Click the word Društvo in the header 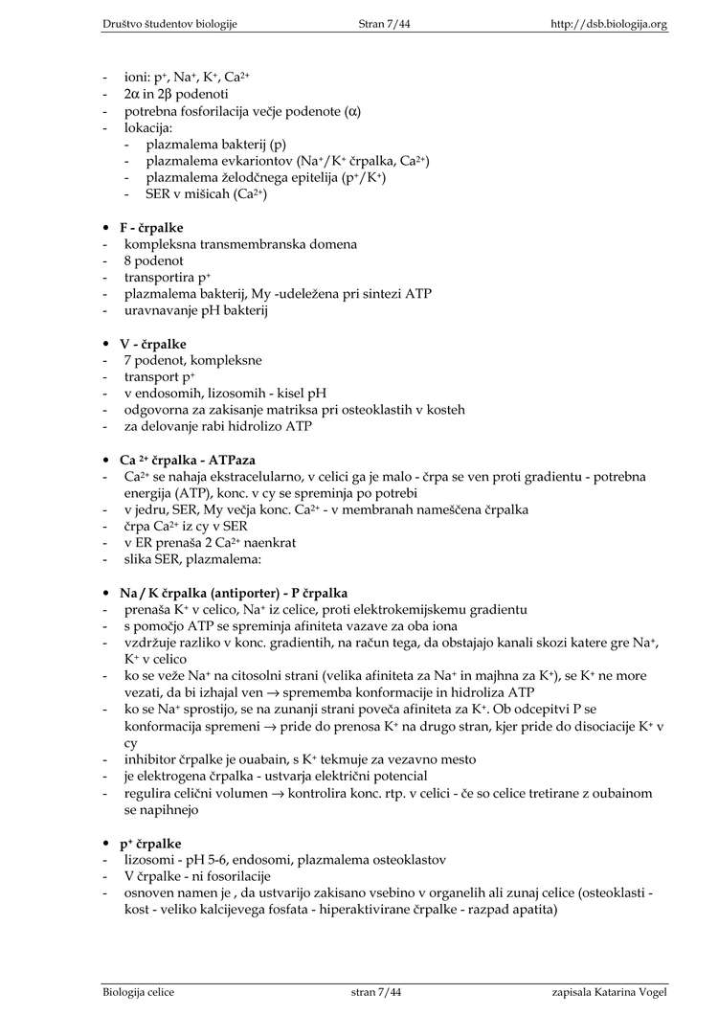(x=126, y=23)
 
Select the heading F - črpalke (x=151, y=227)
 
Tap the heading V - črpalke (x=152, y=344)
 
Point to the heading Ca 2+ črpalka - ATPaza (x=187, y=460)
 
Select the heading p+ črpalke (x=150, y=843)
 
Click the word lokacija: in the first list (x=148, y=127)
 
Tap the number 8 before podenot (x=127, y=260)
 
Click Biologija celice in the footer (x=139, y=992)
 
